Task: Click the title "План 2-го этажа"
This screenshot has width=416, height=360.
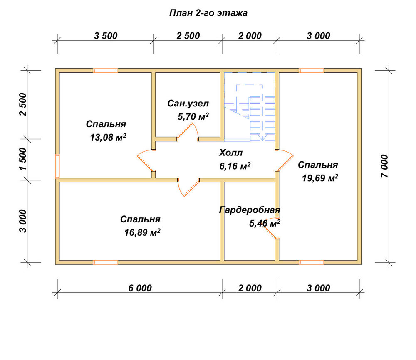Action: [x=208, y=13]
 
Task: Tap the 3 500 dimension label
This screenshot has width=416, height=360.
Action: [x=106, y=36]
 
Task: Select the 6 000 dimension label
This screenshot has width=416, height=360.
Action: [x=140, y=288]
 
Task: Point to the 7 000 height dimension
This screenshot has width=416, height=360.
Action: [x=384, y=166]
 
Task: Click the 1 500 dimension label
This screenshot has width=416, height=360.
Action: [x=23, y=159]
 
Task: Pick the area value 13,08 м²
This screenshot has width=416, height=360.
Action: [x=108, y=137]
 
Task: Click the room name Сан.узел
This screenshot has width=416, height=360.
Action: [x=188, y=104]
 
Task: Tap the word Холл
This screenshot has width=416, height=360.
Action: [x=231, y=153]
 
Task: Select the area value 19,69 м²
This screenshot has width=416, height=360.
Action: [x=320, y=178]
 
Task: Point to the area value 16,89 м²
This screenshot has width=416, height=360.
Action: [x=142, y=232]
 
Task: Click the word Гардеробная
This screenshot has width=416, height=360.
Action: [x=250, y=210]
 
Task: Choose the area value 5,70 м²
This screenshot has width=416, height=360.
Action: [x=193, y=116]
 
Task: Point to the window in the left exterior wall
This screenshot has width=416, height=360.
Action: [x=57, y=166]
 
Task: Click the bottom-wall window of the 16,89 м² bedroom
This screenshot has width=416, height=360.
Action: [x=105, y=262]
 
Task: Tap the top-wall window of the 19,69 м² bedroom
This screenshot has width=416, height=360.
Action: [x=312, y=71]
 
